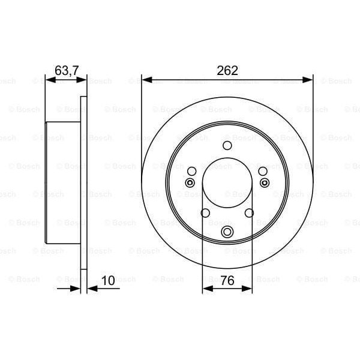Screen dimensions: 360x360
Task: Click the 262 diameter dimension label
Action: click(227, 70)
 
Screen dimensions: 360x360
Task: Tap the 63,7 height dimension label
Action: click(67, 70)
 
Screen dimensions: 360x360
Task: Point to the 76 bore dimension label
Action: click(227, 280)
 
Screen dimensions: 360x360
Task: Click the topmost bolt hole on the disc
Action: click(227, 145)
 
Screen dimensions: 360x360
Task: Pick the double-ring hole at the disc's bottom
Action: click(227, 233)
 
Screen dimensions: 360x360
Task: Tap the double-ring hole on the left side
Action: click(190, 183)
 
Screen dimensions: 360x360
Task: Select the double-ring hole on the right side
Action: click(263, 183)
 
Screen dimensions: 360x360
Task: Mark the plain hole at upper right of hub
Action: click(262, 171)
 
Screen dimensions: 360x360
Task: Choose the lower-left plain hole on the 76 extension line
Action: click(205, 213)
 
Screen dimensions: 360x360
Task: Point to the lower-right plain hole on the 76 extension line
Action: click(249, 213)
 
